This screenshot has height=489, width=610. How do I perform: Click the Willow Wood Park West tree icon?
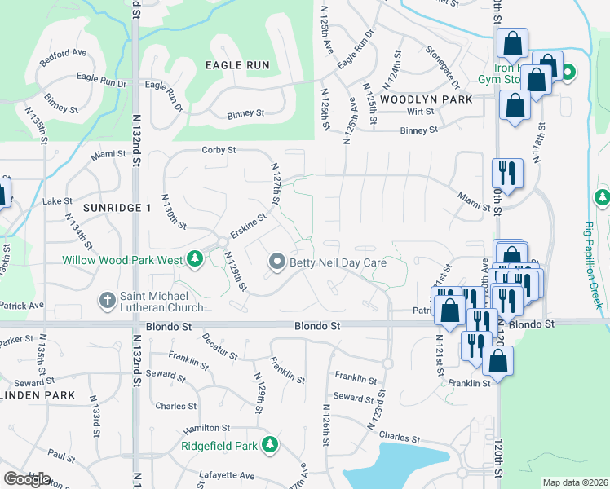pos(195,260)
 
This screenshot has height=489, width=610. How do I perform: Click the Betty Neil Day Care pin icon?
pos(277,262)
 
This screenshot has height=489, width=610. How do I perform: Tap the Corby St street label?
pos(219,150)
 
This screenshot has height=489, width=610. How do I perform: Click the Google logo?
pos(27,479)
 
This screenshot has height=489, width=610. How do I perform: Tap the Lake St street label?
pos(58,200)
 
